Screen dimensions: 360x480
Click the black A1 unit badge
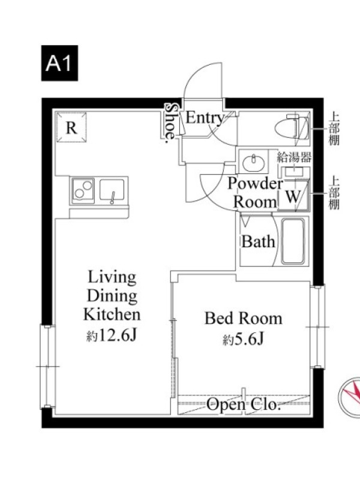(59, 63)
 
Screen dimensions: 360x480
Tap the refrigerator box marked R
(71, 127)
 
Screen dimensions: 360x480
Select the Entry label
(205, 118)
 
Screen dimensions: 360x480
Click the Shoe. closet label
(171, 123)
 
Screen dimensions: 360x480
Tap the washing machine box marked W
(293, 196)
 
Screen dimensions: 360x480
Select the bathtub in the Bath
(293, 241)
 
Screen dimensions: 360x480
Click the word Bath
(258, 242)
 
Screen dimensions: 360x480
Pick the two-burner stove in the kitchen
(83, 190)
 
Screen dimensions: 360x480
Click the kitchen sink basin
(112, 190)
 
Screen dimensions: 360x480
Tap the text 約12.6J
(112, 336)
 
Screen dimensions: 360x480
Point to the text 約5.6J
(244, 339)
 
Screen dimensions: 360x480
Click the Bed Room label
(244, 319)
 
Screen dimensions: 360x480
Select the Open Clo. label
(244, 405)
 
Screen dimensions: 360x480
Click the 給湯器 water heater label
(294, 157)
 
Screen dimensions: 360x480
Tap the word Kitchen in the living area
(112, 314)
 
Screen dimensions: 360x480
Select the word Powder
(255, 184)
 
